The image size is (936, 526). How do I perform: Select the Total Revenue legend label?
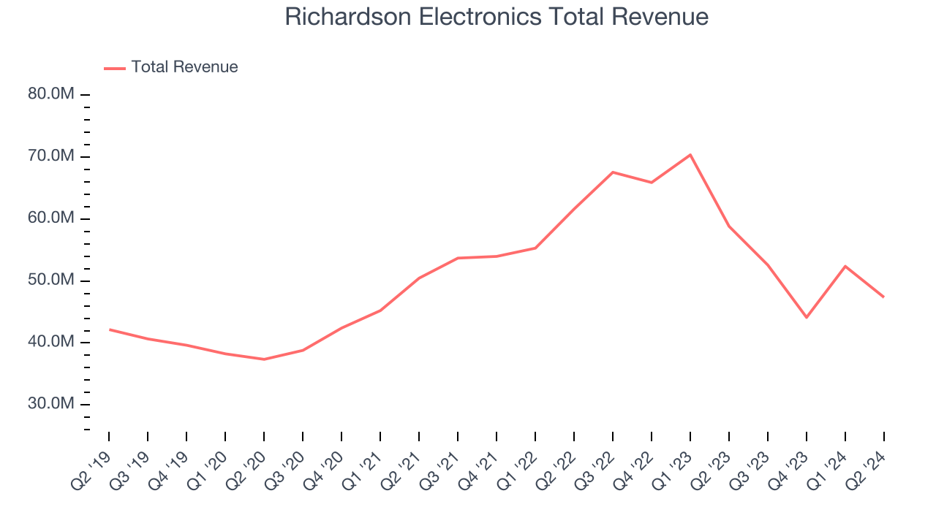pos(184,67)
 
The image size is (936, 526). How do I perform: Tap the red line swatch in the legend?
pos(115,68)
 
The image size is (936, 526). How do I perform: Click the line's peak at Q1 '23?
pos(690,155)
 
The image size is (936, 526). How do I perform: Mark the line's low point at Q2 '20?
pos(264,359)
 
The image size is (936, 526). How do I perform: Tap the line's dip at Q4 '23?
pos(807,317)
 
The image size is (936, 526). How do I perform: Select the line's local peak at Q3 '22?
pos(613,172)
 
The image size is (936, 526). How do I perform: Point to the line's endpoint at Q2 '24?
pos(883,297)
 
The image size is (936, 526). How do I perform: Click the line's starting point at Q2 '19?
pos(110,329)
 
